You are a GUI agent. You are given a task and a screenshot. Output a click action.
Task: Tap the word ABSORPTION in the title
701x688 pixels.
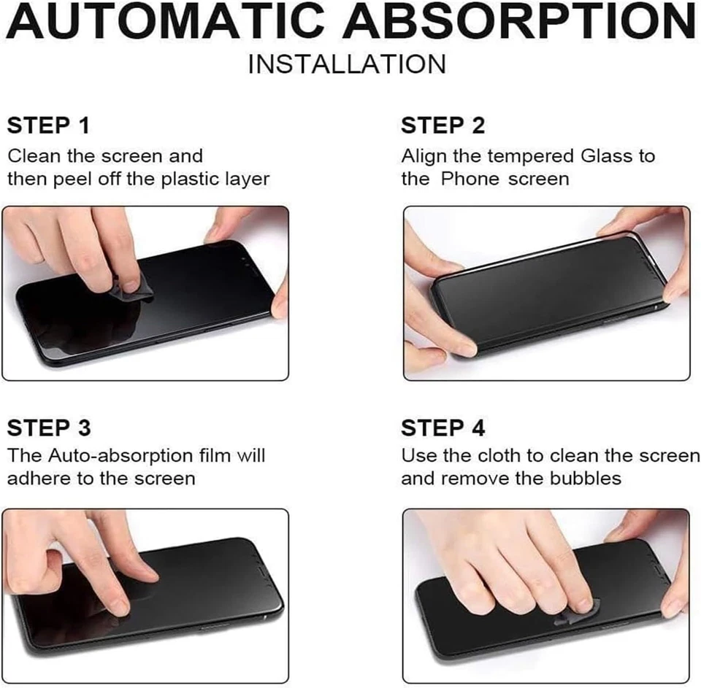tap(520, 22)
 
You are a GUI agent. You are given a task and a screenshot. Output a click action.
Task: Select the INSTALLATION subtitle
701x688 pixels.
tap(347, 64)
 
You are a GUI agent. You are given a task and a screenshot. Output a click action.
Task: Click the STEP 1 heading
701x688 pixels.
tap(48, 125)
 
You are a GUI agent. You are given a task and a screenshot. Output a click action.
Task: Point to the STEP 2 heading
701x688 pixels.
tap(443, 125)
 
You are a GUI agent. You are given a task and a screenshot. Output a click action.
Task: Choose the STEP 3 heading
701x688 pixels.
tap(49, 428)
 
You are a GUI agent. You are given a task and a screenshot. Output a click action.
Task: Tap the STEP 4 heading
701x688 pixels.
tap(443, 428)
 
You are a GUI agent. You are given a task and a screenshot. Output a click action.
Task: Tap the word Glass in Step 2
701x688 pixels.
tap(608, 156)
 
